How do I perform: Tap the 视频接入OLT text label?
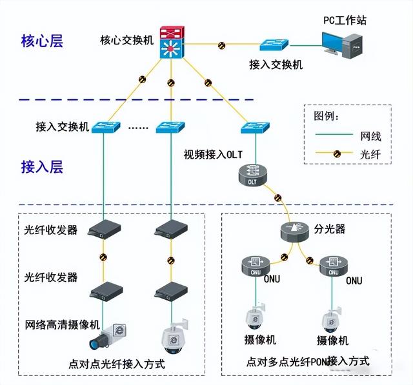(213, 154)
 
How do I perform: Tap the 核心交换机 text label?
(126, 40)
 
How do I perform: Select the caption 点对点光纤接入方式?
(117, 364)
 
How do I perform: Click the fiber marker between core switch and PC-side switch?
(221, 46)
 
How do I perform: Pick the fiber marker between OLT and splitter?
(278, 197)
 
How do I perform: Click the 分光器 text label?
(334, 228)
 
